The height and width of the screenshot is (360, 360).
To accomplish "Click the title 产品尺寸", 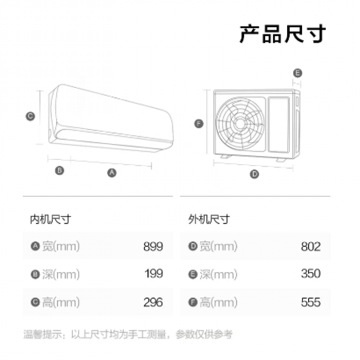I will [x=283, y=33].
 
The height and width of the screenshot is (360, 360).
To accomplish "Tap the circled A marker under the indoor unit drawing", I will [x=112, y=172].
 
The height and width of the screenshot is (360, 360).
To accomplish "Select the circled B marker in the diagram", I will [x=60, y=170].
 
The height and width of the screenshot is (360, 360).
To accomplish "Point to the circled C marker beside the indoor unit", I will [x=30, y=116].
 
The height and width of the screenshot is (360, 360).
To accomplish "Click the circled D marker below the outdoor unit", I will [x=255, y=174].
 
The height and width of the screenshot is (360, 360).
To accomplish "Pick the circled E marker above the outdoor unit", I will [x=298, y=73].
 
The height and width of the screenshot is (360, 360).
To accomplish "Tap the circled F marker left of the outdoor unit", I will [x=199, y=123].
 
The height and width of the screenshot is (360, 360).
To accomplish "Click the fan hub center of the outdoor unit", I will [x=240, y=123].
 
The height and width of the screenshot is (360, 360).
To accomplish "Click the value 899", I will [x=153, y=247].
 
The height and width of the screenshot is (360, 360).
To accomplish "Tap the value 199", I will [x=154, y=274].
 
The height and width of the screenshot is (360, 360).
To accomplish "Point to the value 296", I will [x=153, y=302].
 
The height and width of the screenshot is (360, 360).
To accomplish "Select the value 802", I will [x=311, y=247].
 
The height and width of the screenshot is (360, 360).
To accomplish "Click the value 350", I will [x=311, y=274].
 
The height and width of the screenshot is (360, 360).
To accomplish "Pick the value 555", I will [x=311, y=302].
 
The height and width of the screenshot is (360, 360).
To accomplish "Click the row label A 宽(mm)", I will [x=55, y=247].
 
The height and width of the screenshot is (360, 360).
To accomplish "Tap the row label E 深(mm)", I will [x=213, y=274].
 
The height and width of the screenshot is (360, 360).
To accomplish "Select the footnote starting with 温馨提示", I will [x=128, y=334].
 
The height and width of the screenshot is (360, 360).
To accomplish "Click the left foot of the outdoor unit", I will [x=225, y=156].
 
